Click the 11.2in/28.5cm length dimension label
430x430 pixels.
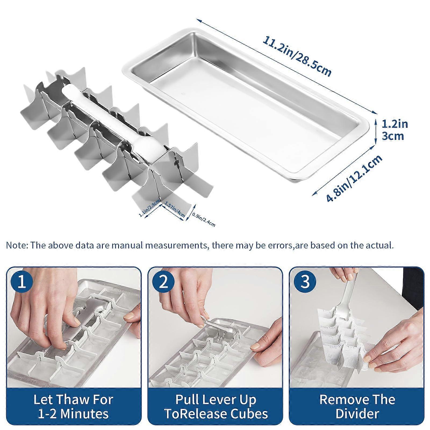coord(297,56)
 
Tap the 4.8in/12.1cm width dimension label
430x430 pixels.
coord(354,178)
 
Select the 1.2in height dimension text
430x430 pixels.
coord(395,124)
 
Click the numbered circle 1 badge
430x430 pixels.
coord(22,282)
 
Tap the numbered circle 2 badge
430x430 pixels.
coord(163,282)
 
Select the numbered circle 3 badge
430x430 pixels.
coord(305,282)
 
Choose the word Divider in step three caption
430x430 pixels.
coord(357,413)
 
